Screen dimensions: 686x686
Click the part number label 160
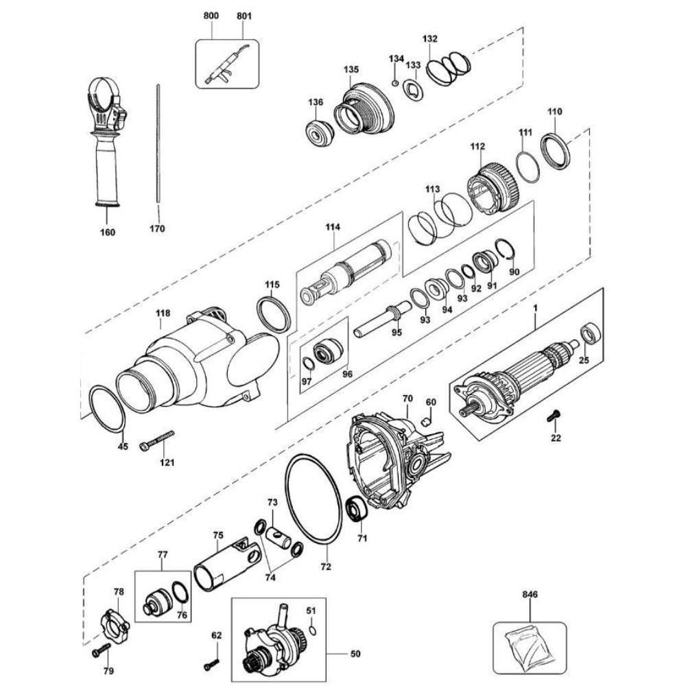pos(108,232)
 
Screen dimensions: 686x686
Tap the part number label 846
pos(530,595)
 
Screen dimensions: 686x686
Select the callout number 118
pos(163,314)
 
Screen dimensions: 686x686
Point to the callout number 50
pos(355,654)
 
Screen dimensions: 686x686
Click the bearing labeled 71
pos(358,510)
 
